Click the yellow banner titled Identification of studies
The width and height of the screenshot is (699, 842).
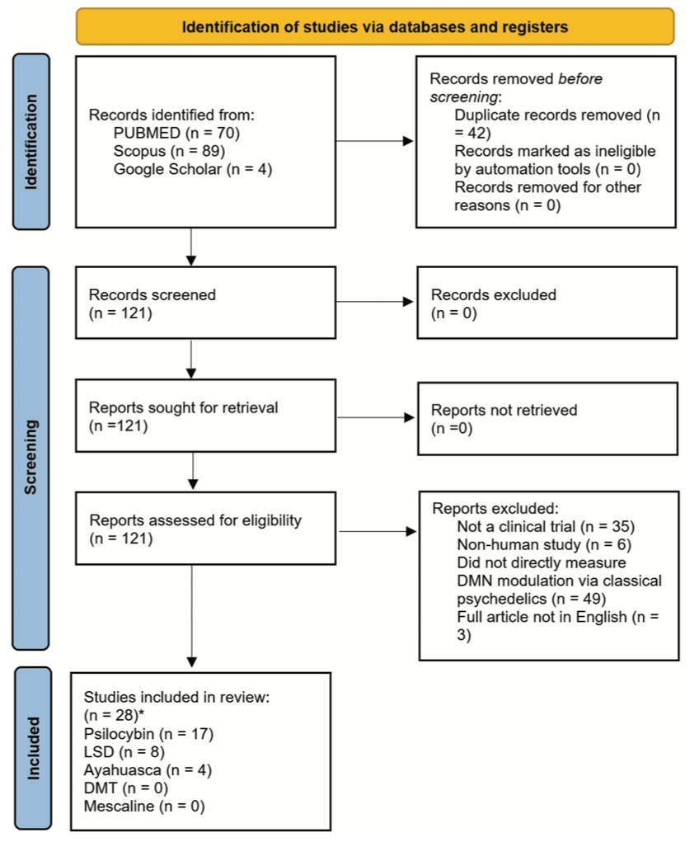(x=375, y=26)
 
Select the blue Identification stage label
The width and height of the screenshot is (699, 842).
(x=31, y=141)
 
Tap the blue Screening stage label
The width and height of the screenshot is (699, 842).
(x=31, y=458)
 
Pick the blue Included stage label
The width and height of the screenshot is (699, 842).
(x=31, y=749)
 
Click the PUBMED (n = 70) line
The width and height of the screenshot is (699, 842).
(x=176, y=134)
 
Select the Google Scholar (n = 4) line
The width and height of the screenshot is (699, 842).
(x=193, y=170)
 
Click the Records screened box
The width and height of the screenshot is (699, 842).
(x=205, y=303)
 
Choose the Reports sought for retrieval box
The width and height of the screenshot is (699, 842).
(x=205, y=416)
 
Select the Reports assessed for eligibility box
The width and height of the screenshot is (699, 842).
(x=205, y=529)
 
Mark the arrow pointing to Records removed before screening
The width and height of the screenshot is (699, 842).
(x=375, y=141)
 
